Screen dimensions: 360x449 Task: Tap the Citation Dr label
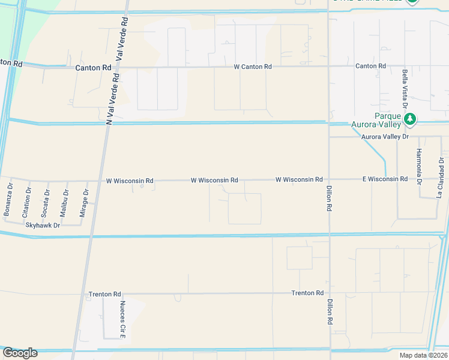[27, 202]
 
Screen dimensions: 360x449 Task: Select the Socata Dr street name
[46, 203]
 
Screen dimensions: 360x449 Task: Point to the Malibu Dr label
[64, 203]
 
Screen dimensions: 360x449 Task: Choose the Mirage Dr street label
[85, 203]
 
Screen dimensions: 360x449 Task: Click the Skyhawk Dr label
[43, 225]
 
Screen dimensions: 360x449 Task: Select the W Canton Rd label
[253, 67]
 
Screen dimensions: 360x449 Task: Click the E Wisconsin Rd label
[385, 179]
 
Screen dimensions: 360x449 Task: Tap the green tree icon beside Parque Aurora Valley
[411, 119]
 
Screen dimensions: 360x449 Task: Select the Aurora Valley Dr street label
[385, 137]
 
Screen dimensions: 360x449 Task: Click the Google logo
[20, 353]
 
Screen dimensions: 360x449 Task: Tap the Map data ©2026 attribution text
[422, 355]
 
